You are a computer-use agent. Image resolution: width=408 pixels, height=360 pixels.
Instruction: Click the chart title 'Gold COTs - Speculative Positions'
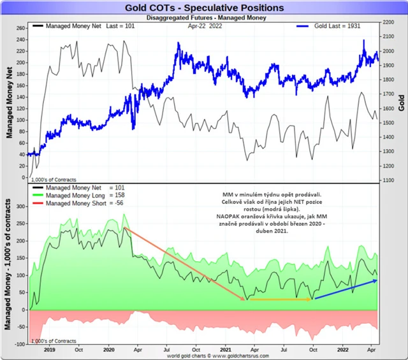pos(204,8)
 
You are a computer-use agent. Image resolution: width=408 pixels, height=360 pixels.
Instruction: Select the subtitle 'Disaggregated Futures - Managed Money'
pos(204,18)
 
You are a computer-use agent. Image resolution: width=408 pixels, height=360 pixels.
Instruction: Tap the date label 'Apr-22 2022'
pos(205,27)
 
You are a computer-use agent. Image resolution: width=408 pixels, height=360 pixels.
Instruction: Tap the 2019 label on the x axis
pos(50,350)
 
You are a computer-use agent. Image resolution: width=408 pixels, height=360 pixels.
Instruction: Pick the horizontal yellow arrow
pos(279,299)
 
